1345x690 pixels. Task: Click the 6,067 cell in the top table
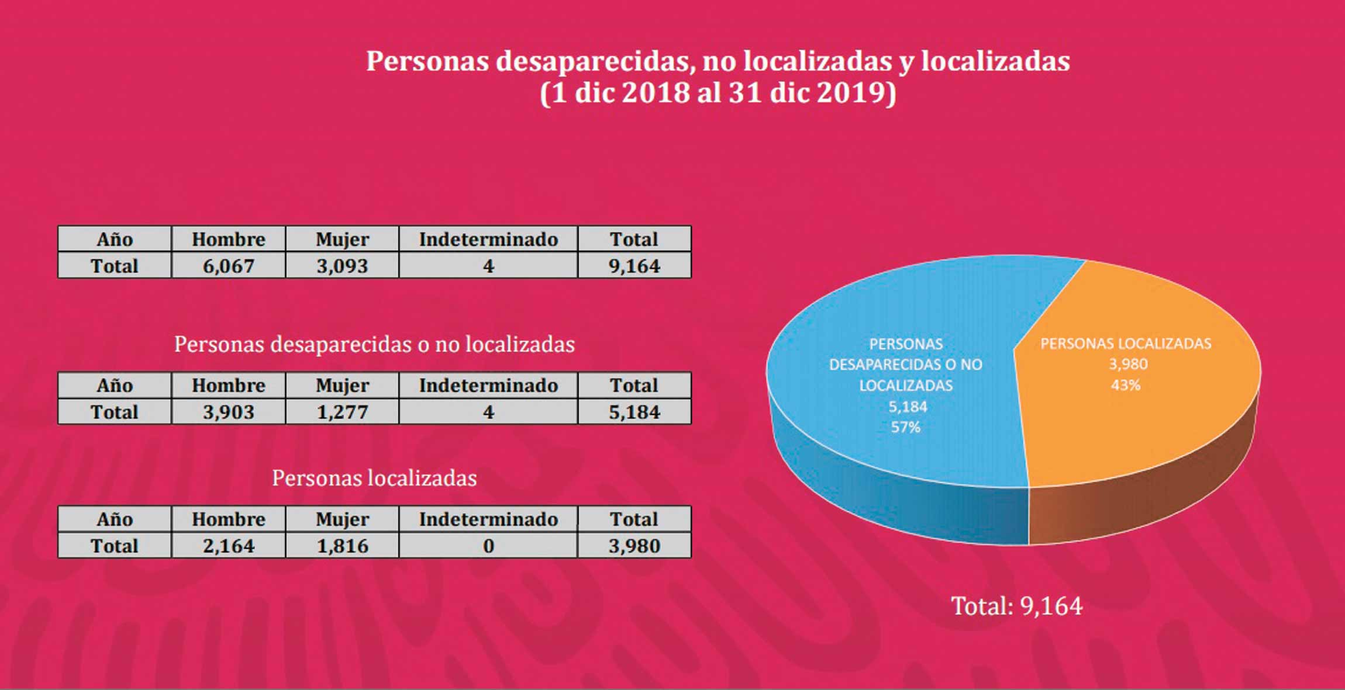pyautogui.click(x=229, y=266)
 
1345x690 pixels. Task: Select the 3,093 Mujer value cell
pyautogui.click(x=342, y=266)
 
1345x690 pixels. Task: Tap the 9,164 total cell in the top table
pyautogui.click(x=634, y=266)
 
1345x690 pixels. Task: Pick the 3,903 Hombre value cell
pyautogui.click(x=229, y=412)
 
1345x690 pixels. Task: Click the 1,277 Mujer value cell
pyautogui.click(x=342, y=412)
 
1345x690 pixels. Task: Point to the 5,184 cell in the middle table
pyautogui.click(x=634, y=412)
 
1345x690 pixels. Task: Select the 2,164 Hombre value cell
pyautogui.click(x=229, y=546)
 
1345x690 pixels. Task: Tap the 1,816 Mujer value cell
pyautogui.click(x=342, y=546)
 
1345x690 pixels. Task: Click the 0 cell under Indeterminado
pyautogui.click(x=488, y=546)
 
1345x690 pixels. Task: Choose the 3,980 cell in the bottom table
pyautogui.click(x=634, y=546)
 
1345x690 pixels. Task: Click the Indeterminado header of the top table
pyautogui.click(x=488, y=239)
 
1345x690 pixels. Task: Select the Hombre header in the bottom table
pyautogui.click(x=229, y=519)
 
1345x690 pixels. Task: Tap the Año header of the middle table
pyautogui.click(x=115, y=385)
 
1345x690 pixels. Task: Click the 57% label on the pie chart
pyautogui.click(x=905, y=427)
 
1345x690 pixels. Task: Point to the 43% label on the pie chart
pyautogui.click(x=1125, y=385)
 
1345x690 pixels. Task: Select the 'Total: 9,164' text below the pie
pyautogui.click(x=1016, y=606)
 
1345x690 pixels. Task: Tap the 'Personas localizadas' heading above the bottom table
pyautogui.click(x=374, y=478)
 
